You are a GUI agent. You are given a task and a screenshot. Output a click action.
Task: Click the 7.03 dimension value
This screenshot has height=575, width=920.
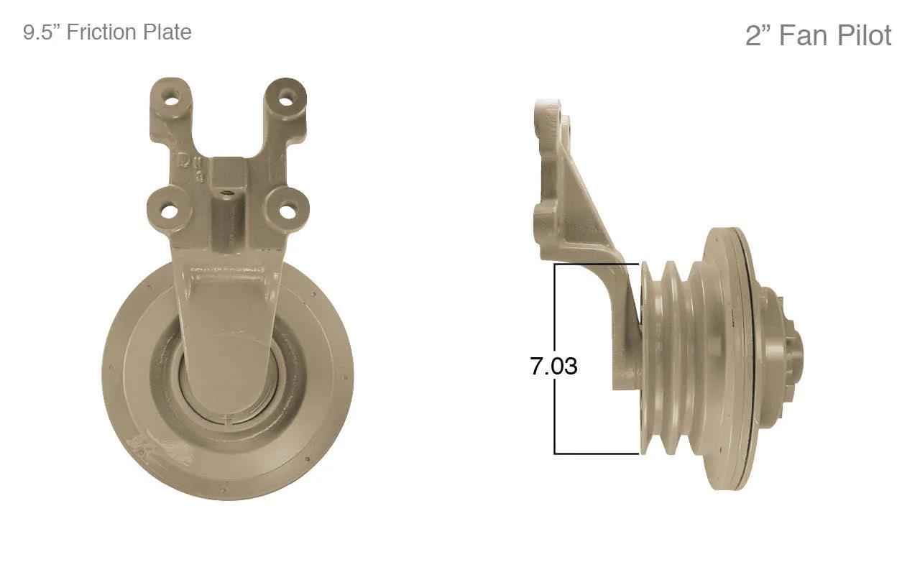(x=553, y=366)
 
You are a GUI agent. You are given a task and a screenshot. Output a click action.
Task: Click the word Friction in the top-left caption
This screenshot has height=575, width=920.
(x=101, y=32)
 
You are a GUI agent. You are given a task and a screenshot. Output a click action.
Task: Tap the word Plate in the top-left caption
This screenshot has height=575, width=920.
(x=166, y=32)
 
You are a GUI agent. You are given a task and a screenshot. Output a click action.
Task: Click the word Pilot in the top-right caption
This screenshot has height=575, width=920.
(x=864, y=35)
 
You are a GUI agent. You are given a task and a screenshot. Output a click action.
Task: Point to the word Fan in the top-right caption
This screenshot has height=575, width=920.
(x=804, y=35)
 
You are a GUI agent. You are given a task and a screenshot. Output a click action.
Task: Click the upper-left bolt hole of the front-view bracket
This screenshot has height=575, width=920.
(x=170, y=99)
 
